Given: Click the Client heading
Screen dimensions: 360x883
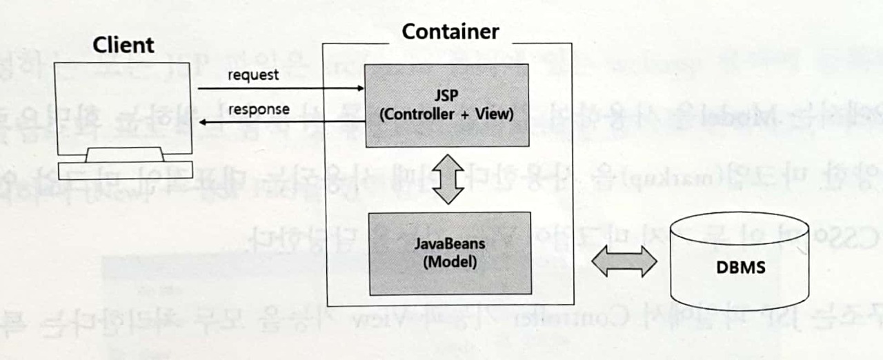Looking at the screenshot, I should [123, 46].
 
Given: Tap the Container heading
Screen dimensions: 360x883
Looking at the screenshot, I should [450, 32].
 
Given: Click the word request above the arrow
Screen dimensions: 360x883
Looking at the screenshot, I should [253, 74].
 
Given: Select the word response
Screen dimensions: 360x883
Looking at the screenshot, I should [259, 110].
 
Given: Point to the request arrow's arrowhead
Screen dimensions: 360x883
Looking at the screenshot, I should [359, 88].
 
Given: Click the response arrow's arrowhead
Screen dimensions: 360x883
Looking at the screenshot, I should [203, 122].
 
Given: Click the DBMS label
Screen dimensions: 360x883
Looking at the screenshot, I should [740, 267].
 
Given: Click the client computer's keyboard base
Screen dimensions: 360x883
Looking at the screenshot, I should [124, 170].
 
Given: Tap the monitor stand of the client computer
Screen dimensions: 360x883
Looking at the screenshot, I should [124, 154].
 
